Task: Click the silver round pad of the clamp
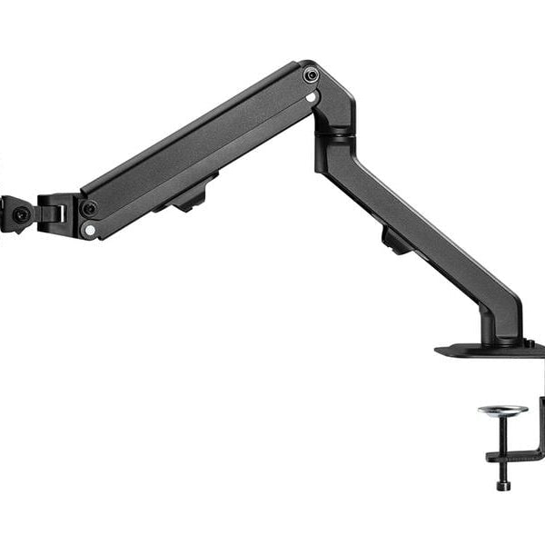(x=502, y=410)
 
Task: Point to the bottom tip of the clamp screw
(x=502, y=486)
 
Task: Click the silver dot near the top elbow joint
(x=312, y=95)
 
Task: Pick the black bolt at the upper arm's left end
(x=89, y=209)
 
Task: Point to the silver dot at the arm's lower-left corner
(x=89, y=230)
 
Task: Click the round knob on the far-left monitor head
(x=19, y=215)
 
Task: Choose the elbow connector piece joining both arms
(x=331, y=109)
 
